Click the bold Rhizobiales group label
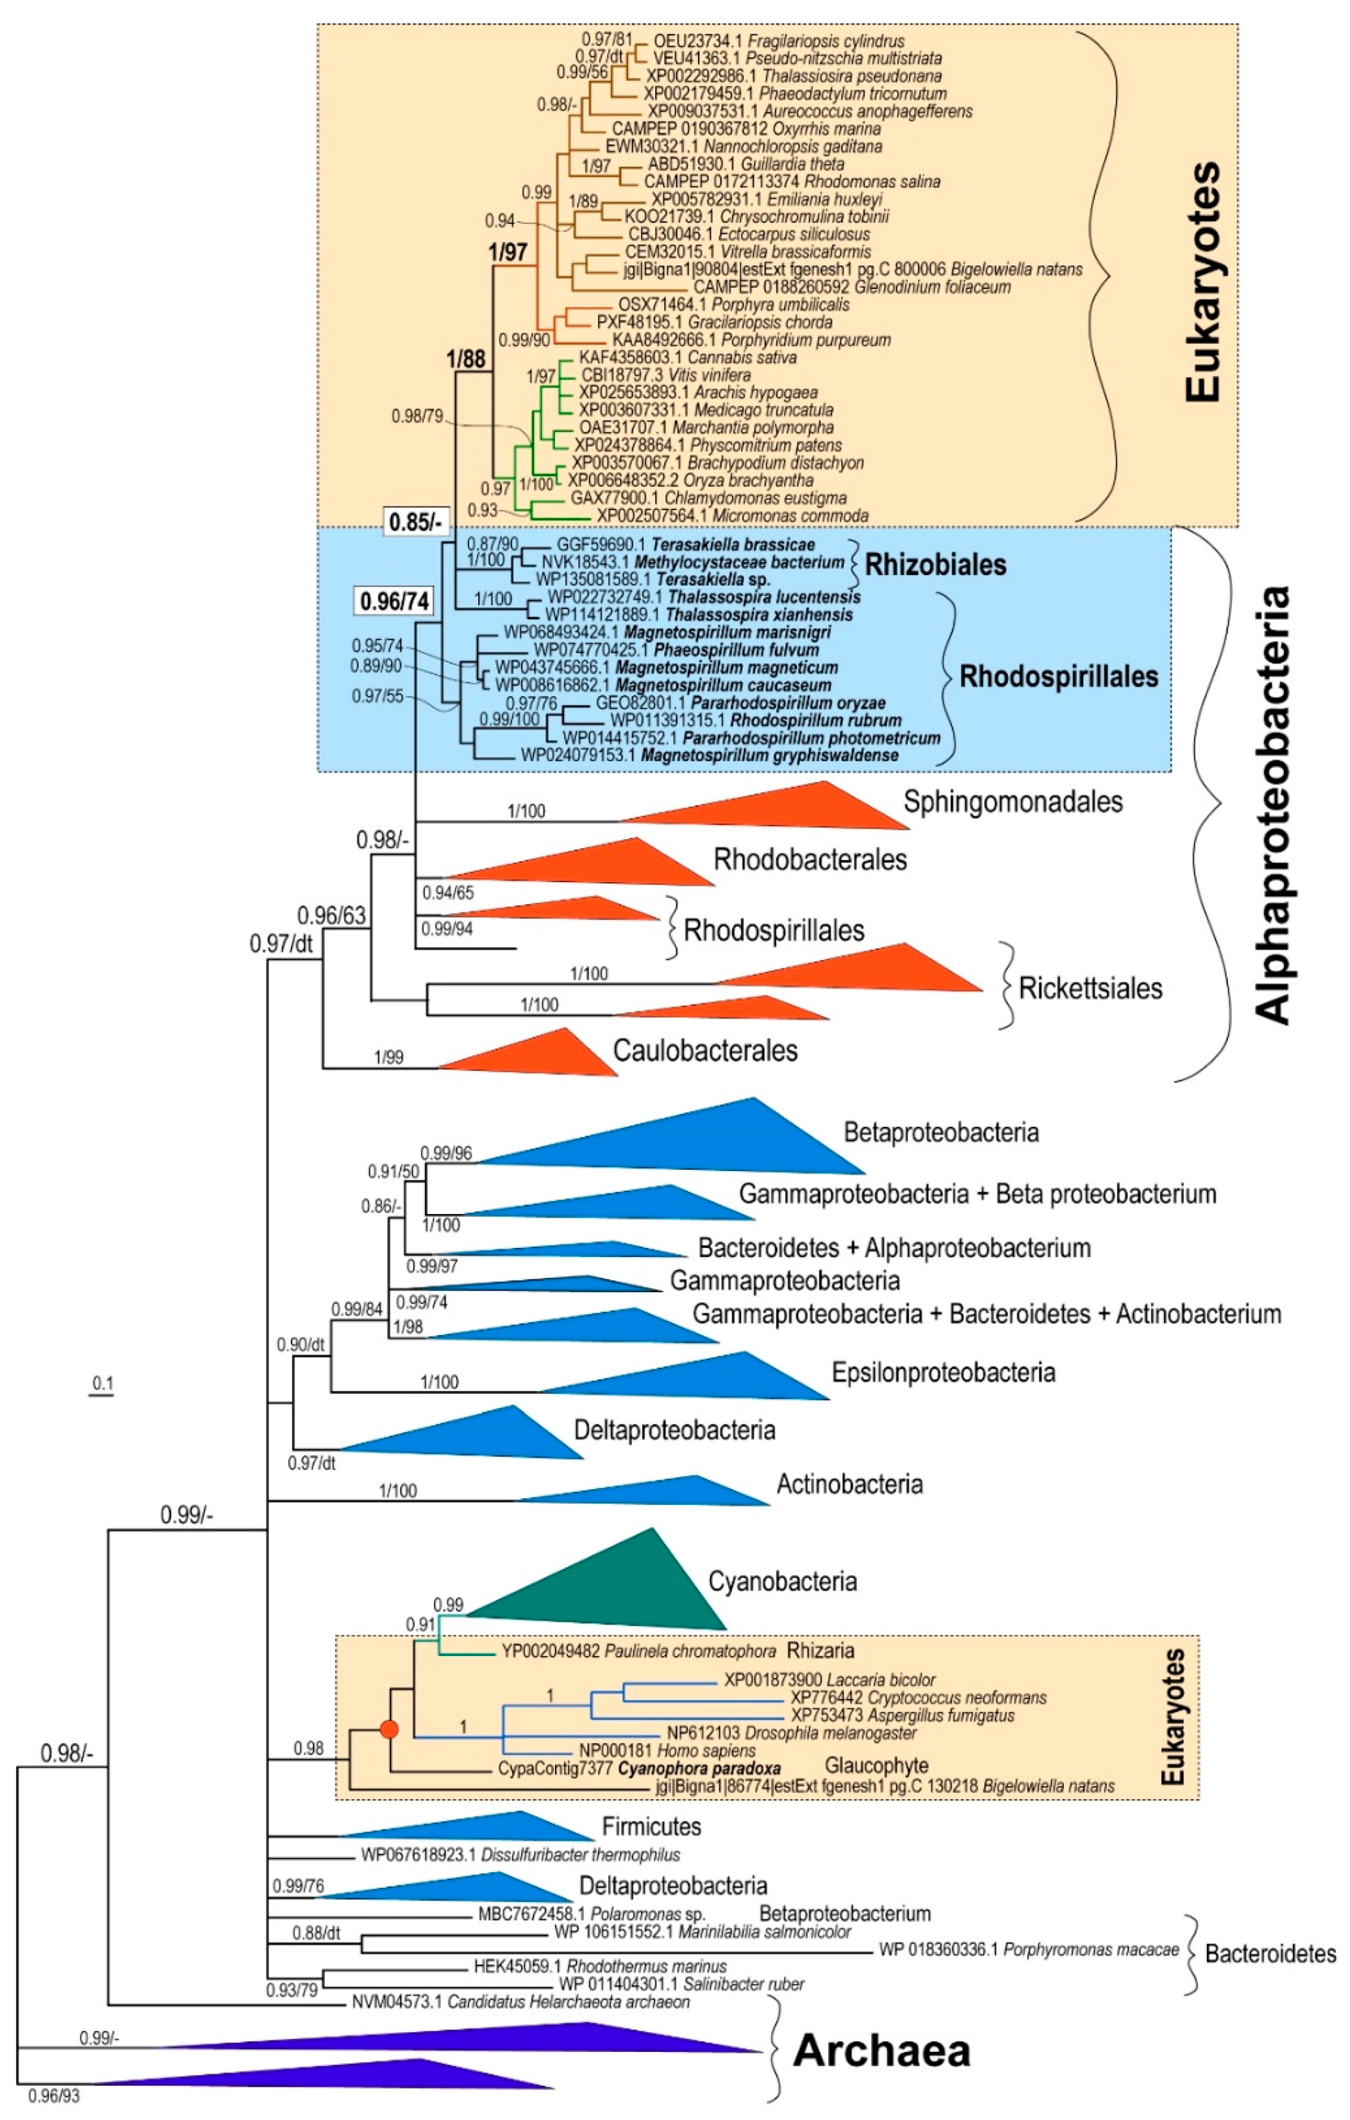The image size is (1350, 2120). click(935, 564)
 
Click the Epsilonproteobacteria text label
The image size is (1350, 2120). click(943, 1373)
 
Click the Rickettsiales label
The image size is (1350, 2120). click(1090, 988)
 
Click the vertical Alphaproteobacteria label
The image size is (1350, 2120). click(1272, 806)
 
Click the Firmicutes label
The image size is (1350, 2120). click(651, 1826)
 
